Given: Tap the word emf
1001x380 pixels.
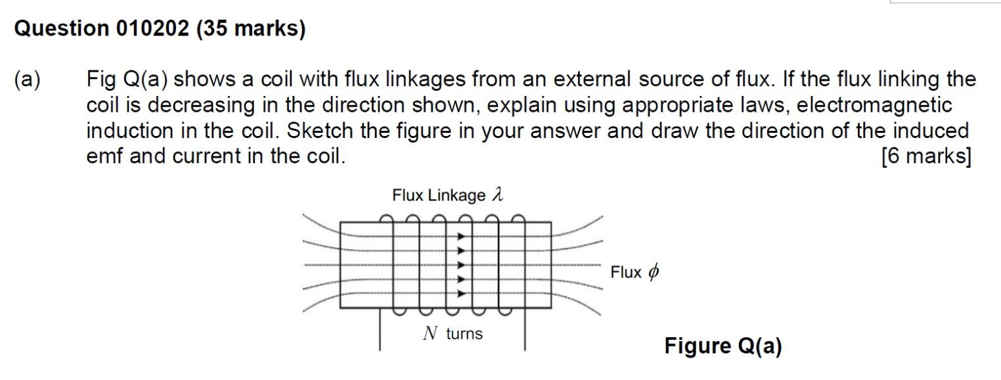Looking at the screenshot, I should (x=105, y=157).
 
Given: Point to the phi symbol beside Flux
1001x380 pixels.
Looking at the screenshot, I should (x=653, y=272).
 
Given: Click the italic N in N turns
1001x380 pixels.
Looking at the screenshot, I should (x=430, y=334).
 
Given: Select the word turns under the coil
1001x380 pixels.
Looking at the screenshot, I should (x=464, y=334).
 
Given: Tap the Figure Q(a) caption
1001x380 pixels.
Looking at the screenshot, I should (x=723, y=346).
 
